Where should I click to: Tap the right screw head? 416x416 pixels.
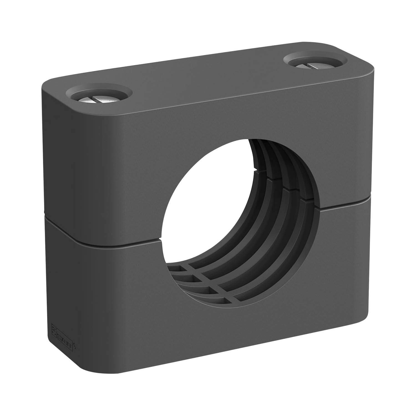(316, 65)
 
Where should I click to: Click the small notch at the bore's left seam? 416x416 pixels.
(160, 239)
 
